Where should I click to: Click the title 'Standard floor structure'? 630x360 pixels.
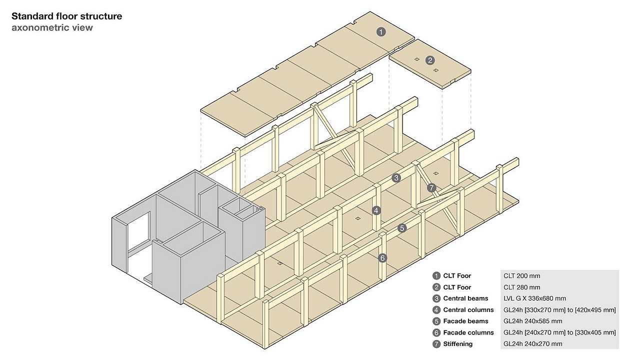[x=66, y=16]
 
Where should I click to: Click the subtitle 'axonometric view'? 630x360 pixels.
[x=52, y=27]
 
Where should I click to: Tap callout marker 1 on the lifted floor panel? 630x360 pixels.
[x=381, y=32]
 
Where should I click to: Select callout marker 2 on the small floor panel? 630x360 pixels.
[x=430, y=60]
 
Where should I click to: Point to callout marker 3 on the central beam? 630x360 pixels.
[x=396, y=177]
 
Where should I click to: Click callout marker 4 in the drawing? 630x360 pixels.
[x=376, y=210]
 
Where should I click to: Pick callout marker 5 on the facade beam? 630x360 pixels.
[x=402, y=228]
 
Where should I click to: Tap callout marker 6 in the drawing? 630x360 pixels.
[x=382, y=258]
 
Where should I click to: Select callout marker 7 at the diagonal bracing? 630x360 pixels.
[x=432, y=188]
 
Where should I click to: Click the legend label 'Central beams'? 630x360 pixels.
[x=465, y=298]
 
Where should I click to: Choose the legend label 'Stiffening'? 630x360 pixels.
[x=458, y=344]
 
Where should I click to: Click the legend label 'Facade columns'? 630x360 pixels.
[x=468, y=332]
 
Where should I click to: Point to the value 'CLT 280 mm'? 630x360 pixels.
[x=521, y=287]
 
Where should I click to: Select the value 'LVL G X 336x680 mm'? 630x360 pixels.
[x=534, y=298]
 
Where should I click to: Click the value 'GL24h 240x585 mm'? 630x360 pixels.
[x=532, y=321]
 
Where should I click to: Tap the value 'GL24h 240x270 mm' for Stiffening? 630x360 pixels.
[x=532, y=344]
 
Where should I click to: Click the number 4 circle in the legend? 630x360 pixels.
[x=436, y=310]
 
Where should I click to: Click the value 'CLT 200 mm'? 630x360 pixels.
[x=521, y=275]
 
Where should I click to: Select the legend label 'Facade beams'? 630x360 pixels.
[x=465, y=321]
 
